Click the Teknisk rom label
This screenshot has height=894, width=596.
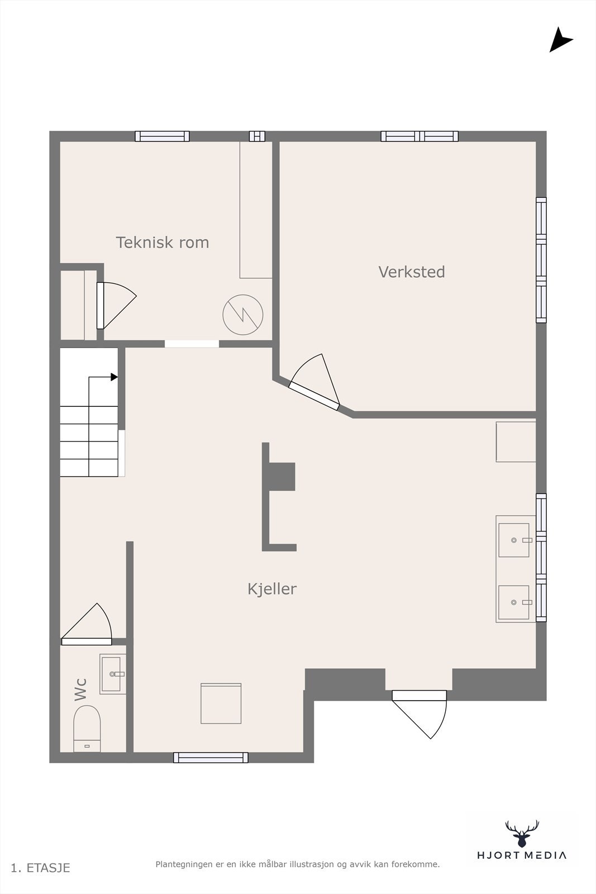[x=162, y=242]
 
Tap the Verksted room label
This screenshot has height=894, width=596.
[x=412, y=272]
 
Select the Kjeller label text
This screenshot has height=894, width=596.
[x=271, y=589]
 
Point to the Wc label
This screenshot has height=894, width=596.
[x=81, y=689]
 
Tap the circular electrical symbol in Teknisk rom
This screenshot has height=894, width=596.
[x=242, y=315]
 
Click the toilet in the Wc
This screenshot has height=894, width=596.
[x=87, y=728]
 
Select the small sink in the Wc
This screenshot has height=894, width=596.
[x=112, y=674]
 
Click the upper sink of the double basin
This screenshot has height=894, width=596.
[x=514, y=540]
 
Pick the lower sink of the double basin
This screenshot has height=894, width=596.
[x=514, y=602]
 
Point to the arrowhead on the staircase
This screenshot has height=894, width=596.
[x=114, y=377]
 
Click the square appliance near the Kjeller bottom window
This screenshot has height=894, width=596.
[x=221, y=703]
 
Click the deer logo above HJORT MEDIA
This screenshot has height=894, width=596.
[x=522, y=834]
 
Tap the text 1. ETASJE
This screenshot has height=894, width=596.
[x=40, y=868]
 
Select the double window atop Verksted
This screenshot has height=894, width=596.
[x=419, y=136]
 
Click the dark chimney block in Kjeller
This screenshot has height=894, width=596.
[x=282, y=477]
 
